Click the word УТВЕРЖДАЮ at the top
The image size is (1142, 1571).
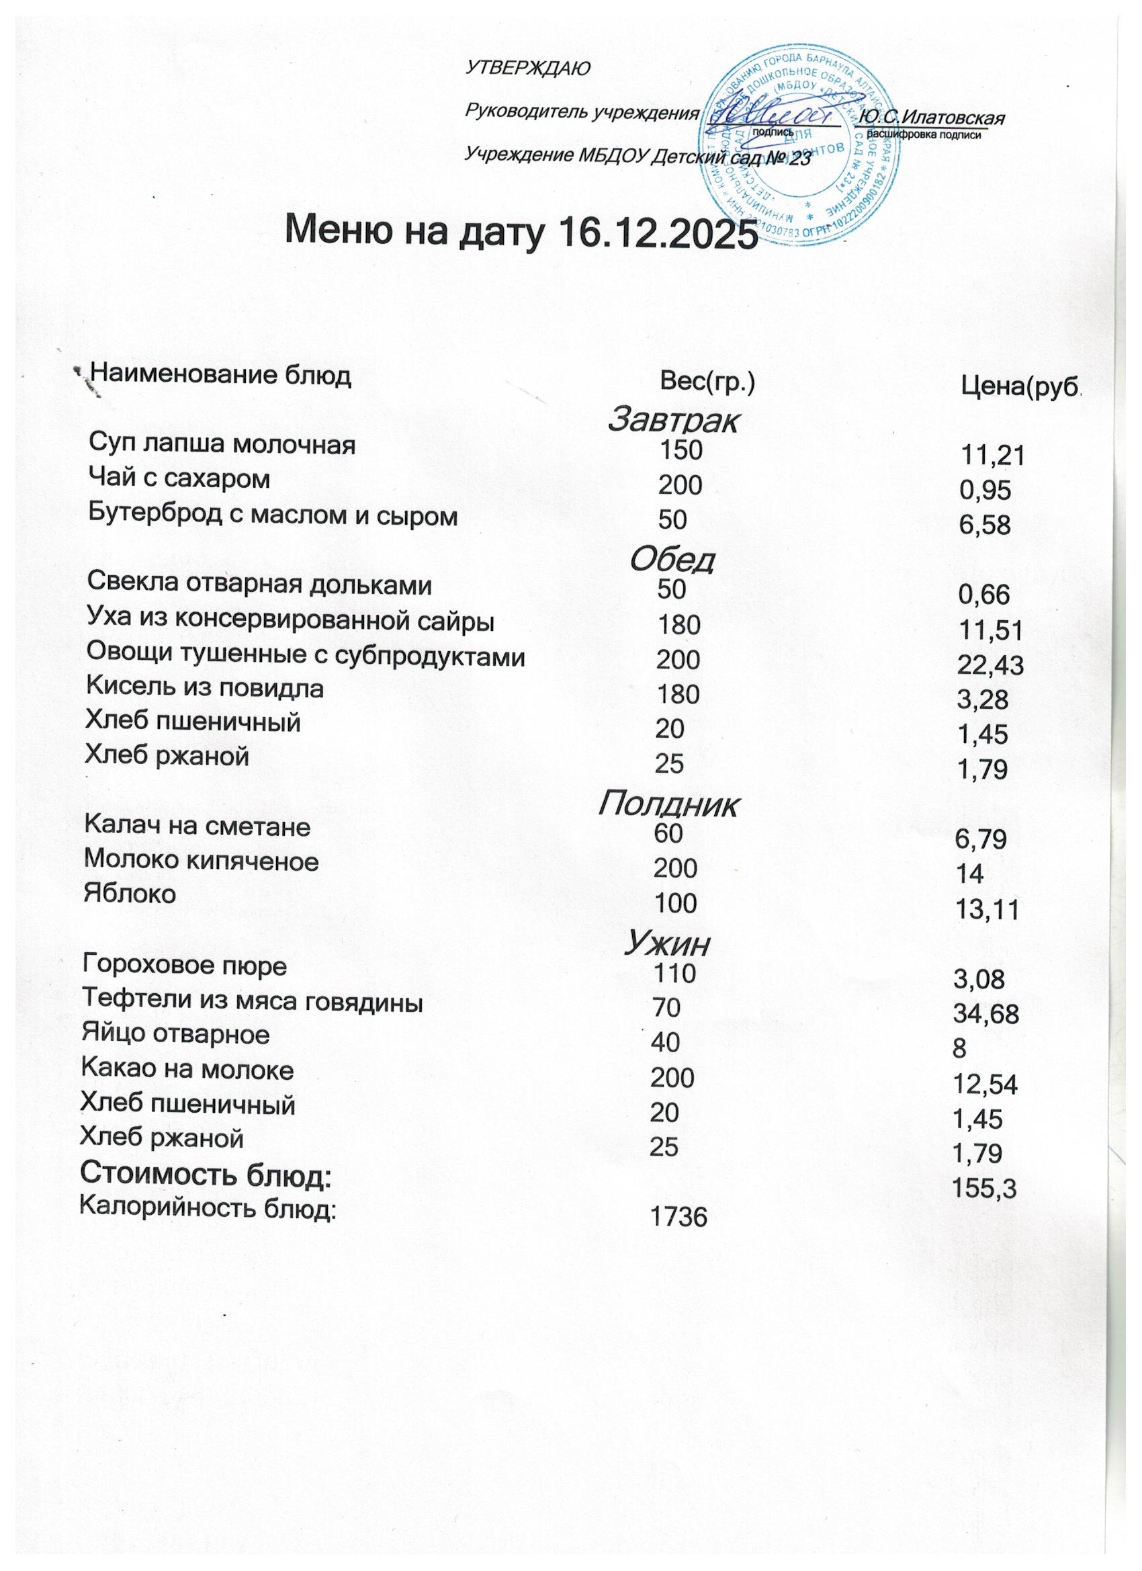(x=528, y=68)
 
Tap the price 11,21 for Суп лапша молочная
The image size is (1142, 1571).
(x=992, y=455)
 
